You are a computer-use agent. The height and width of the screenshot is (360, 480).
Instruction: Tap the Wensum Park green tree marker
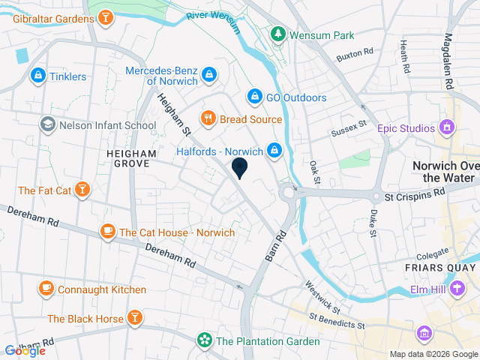(x=278, y=34)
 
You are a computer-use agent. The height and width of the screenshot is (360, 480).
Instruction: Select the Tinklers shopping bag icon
(x=37, y=76)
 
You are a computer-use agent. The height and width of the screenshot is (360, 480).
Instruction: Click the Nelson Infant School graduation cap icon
(x=47, y=124)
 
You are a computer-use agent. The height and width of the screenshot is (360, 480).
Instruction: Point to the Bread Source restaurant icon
(x=208, y=118)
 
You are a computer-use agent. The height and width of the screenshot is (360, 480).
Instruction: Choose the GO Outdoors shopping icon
(x=255, y=97)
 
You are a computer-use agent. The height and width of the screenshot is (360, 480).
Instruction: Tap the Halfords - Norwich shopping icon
(x=274, y=151)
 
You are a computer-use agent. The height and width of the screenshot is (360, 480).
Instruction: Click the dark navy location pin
(x=240, y=168)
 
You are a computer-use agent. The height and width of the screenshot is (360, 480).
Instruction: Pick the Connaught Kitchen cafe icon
(x=46, y=289)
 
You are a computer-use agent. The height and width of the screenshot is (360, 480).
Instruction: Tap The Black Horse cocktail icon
(x=135, y=319)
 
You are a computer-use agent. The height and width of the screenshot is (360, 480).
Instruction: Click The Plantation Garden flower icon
(x=203, y=341)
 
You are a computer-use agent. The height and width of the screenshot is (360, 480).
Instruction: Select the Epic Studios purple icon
(x=448, y=128)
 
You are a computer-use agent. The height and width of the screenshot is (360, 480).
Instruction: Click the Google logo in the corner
(x=25, y=350)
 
